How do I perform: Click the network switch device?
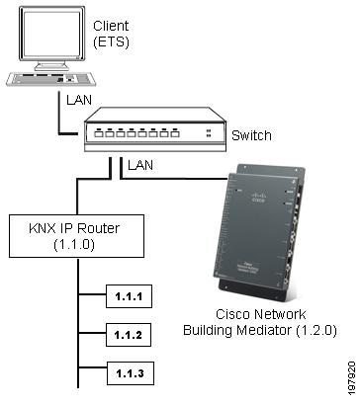(x=153, y=133)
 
